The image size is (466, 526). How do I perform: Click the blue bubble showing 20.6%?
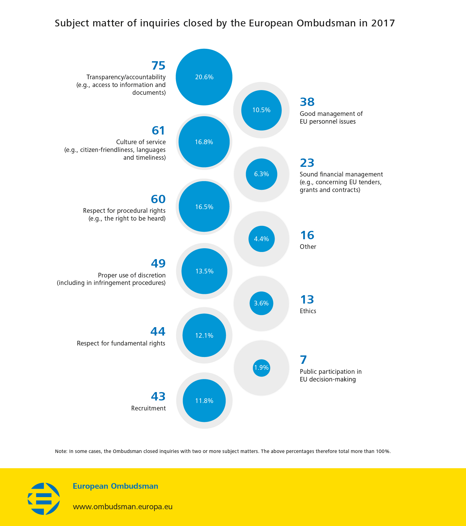pyautogui.click(x=204, y=77)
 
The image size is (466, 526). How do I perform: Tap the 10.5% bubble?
pyautogui.click(x=261, y=110)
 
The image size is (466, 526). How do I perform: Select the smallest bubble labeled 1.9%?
pyautogui.click(x=261, y=368)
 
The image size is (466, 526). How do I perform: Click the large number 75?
pyautogui.click(x=158, y=66)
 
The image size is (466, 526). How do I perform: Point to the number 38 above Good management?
pyautogui.click(x=307, y=102)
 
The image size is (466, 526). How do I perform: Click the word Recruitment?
pyautogui.click(x=148, y=408)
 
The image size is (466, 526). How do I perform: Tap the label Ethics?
pyautogui.click(x=308, y=311)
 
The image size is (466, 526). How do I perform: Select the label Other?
pyautogui.click(x=308, y=247)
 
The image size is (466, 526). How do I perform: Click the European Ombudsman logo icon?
pyautogui.click(x=44, y=499)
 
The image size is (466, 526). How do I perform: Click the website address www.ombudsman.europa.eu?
pyautogui.click(x=122, y=507)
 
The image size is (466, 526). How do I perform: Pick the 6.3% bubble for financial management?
pyautogui.click(x=261, y=174)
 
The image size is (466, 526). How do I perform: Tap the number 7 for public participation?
pyautogui.click(x=303, y=360)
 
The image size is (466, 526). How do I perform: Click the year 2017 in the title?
pyautogui.click(x=383, y=23)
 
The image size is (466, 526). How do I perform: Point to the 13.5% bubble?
pyautogui.click(x=204, y=271)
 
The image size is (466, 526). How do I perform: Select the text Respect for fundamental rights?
pyautogui.click(x=121, y=343)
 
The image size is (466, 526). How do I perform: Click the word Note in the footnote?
pyautogui.click(x=61, y=451)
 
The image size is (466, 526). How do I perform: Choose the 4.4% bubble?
pyautogui.click(x=261, y=239)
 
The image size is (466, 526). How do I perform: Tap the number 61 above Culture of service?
pyautogui.click(x=158, y=130)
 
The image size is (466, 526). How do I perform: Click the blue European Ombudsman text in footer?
pyautogui.click(x=115, y=486)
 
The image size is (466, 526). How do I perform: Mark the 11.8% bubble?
pyautogui.click(x=204, y=401)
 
